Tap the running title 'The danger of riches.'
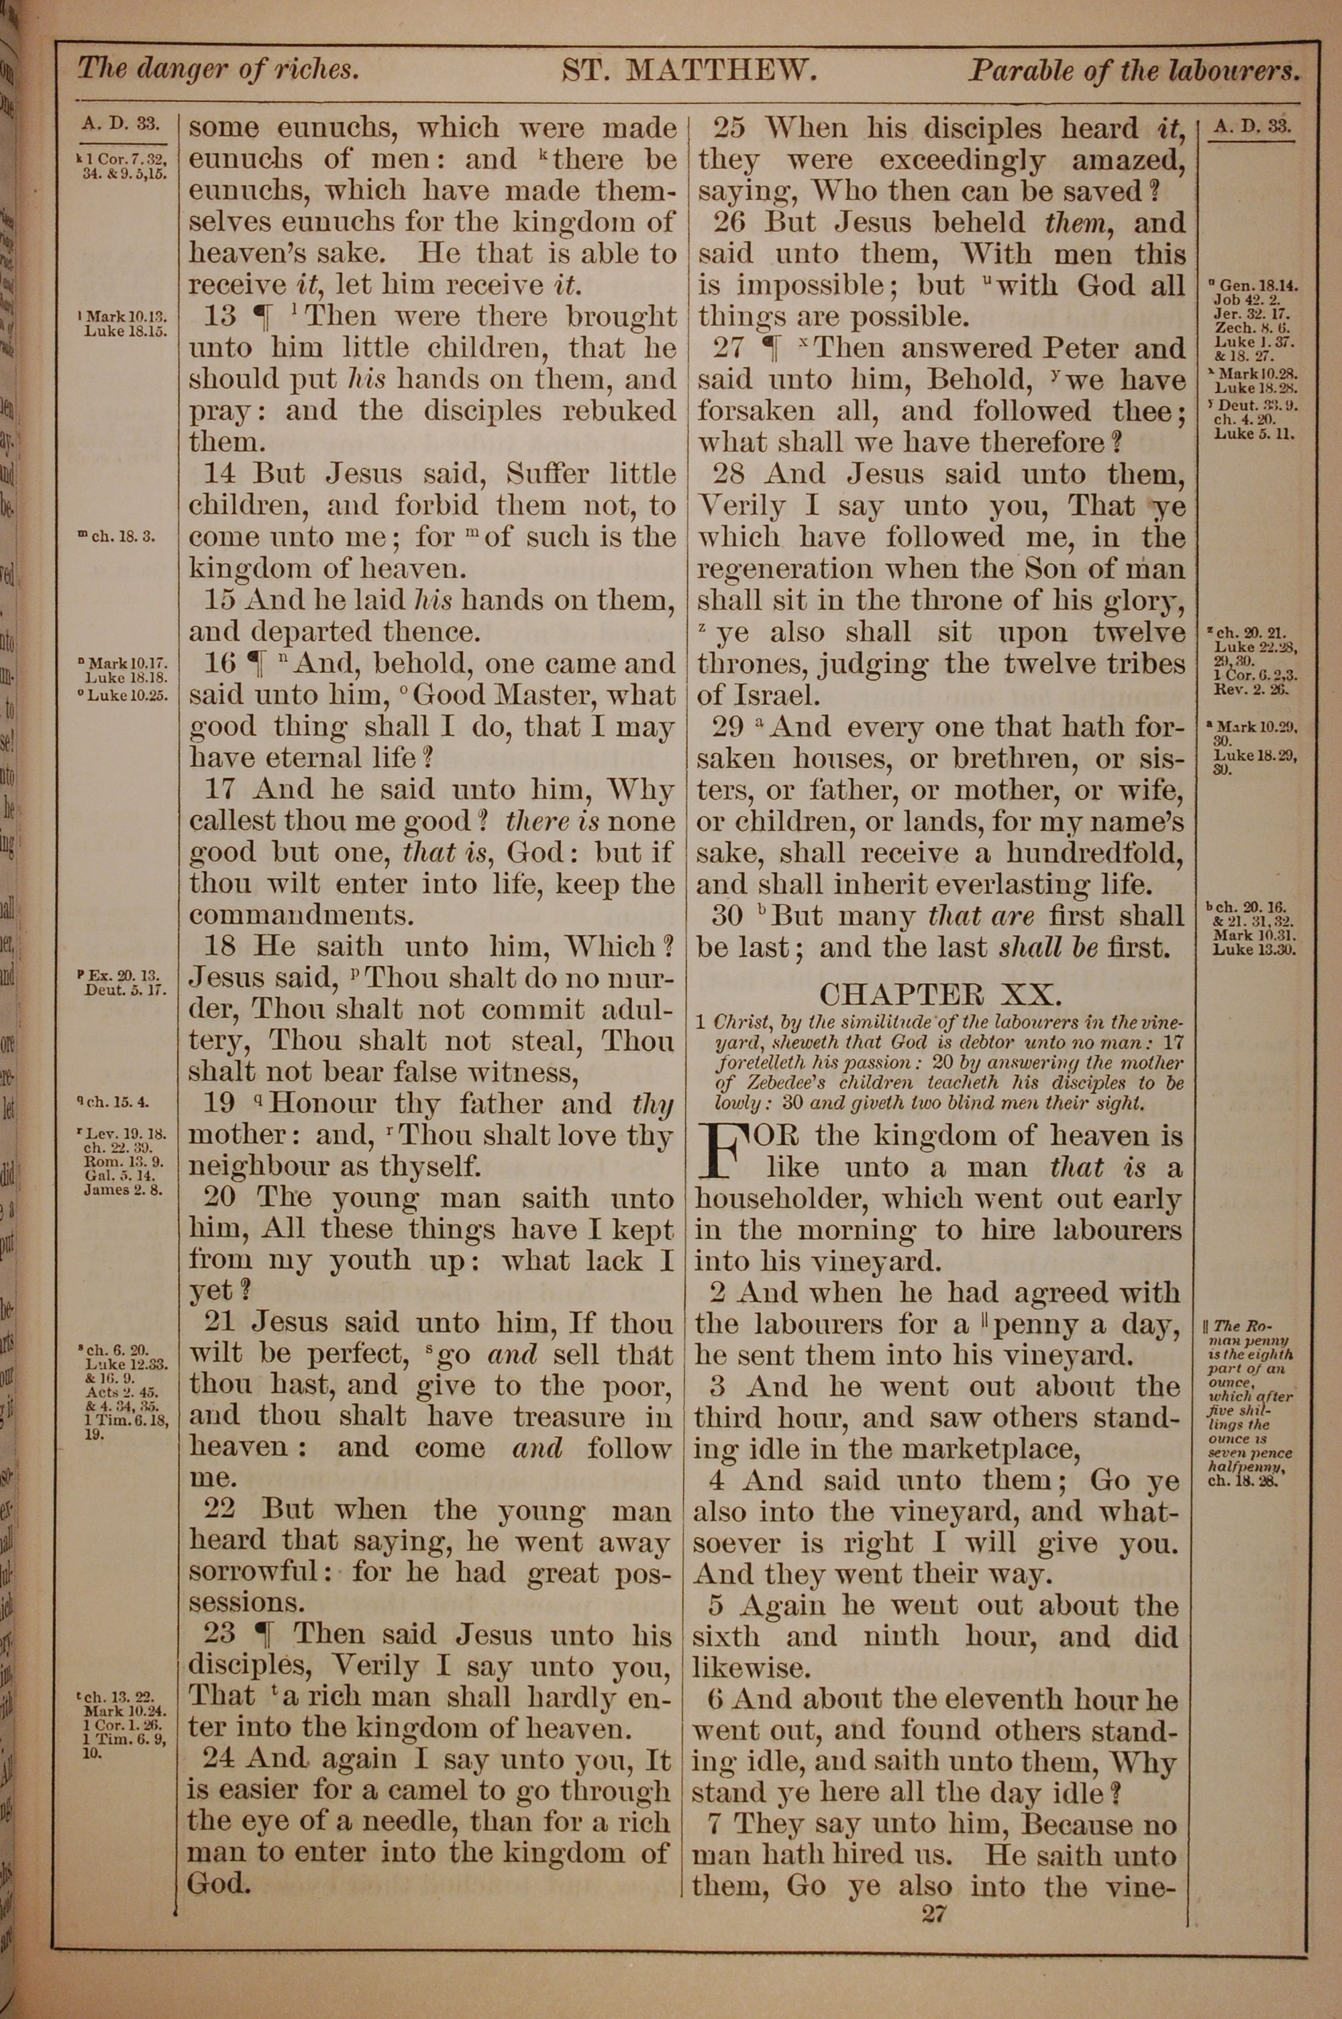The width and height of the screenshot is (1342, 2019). (217, 68)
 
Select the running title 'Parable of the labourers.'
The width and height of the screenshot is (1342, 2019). (1133, 71)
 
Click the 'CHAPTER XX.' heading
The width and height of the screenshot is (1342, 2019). (941, 993)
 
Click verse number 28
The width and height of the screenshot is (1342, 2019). (730, 473)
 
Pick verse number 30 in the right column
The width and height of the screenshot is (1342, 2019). (728, 916)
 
